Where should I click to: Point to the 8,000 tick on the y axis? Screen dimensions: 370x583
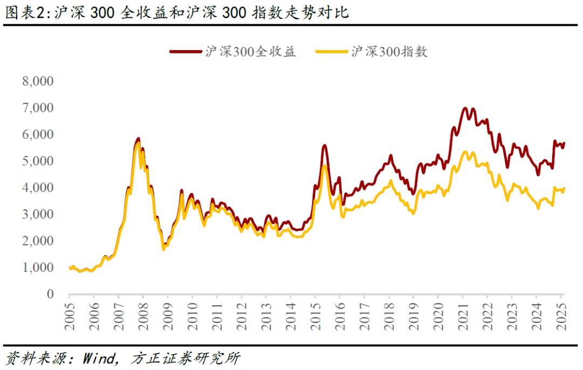point(37,81)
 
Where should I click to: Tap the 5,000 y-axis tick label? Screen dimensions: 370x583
point(37,161)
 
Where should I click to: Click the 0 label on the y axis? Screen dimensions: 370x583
point(50,294)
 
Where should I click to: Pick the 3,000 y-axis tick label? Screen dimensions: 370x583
point(37,215)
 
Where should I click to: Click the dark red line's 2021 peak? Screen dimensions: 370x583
point(465,108)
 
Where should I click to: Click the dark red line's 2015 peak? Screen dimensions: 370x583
point(324,145)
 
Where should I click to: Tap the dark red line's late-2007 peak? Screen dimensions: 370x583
point(138,139)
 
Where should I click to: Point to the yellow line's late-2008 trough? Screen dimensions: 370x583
point(164,249)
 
